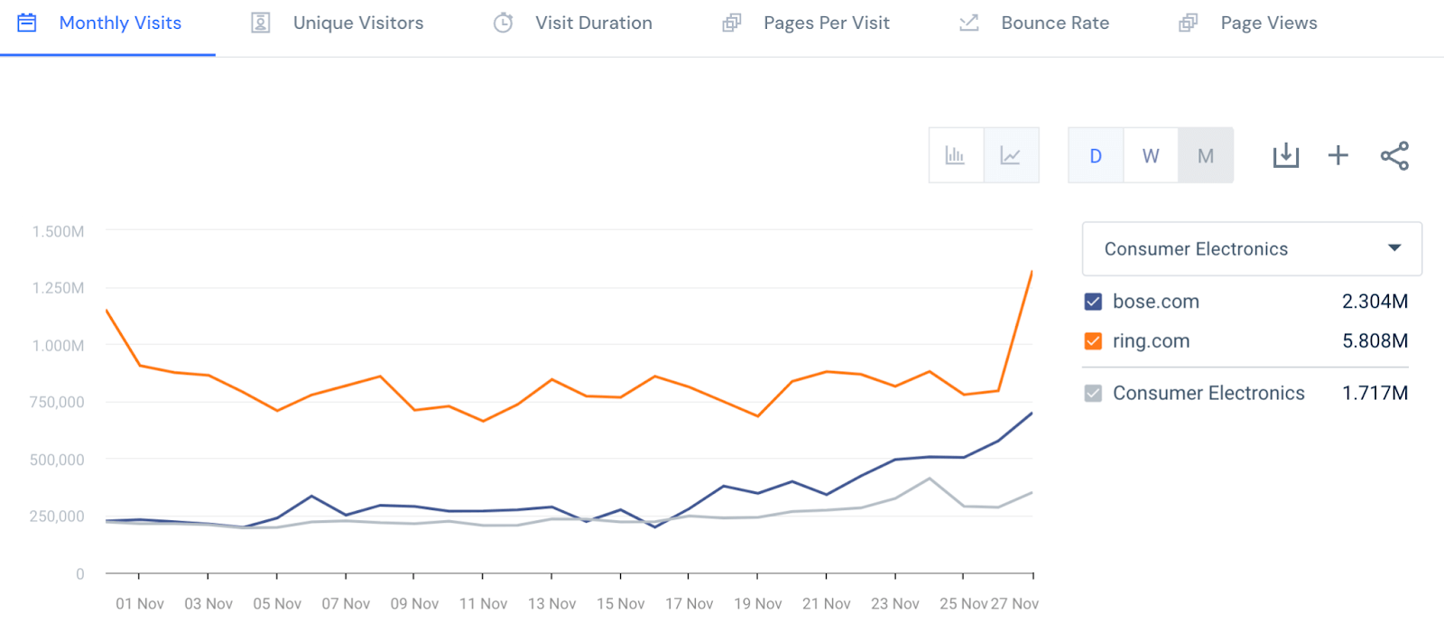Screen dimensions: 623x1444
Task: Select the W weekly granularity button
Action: (1151, 156)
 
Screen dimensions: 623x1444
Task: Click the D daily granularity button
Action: (1096, 156)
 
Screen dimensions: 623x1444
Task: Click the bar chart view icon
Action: (955, 156)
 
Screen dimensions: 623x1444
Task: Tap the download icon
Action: (1285, 156)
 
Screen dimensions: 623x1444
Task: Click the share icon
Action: (1394, 156)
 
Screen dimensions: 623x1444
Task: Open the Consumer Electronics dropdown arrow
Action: (1394, 248)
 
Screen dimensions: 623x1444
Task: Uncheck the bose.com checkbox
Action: (1093, 302)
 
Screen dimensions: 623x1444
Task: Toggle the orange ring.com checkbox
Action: (1093, 341)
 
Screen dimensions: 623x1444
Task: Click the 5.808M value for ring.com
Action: (1375, 341)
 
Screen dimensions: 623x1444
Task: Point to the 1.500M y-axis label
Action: (59, 232)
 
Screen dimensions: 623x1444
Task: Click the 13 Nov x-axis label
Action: (551, 603)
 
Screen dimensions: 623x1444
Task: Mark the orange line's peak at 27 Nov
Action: (1032, 271)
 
